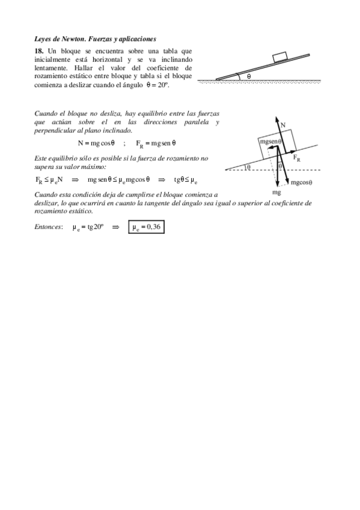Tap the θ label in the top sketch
tap(248, 76)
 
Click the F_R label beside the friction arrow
tap(297, 159)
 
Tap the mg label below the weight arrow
tap(277, 192)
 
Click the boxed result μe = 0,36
tap(145, 227)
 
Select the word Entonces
tap(49, 227)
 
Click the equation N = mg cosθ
tap(96, 143)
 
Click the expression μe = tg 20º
tap(88, 227)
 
